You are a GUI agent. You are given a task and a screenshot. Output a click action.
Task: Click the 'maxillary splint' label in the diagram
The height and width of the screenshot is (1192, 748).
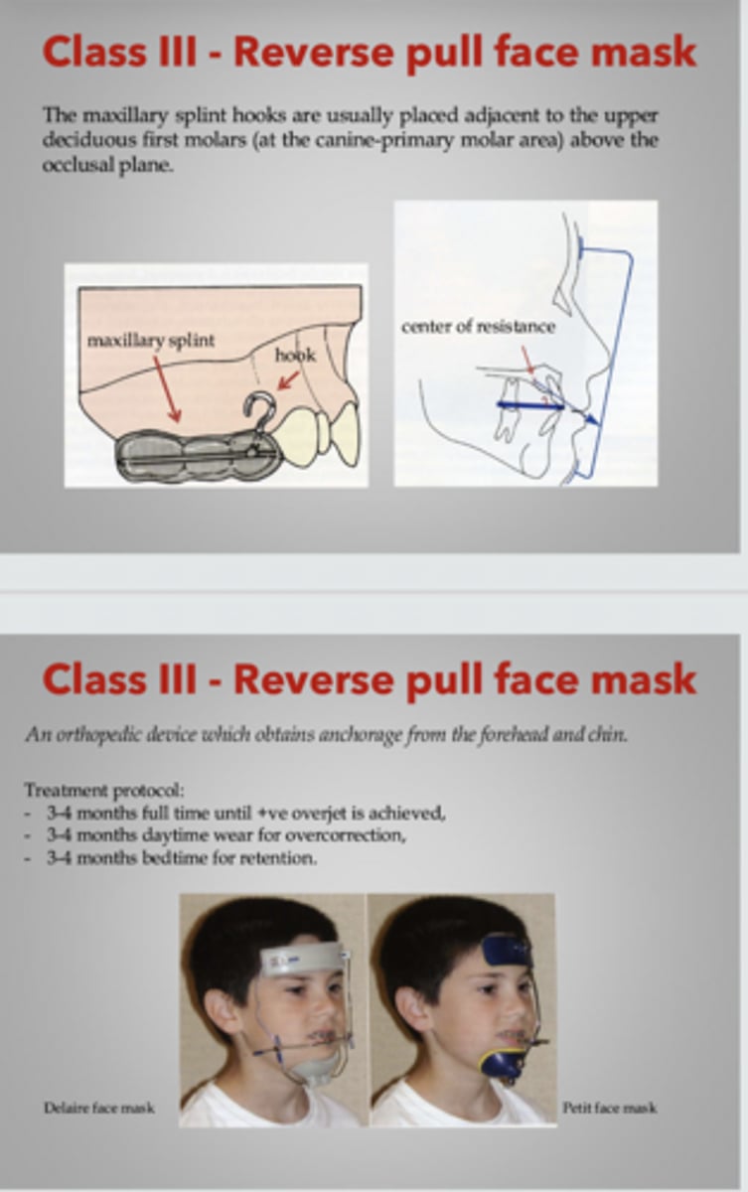[x=150, y=341]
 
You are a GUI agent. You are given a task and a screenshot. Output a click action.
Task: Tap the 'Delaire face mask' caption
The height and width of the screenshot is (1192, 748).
[x=98, y=1107]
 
